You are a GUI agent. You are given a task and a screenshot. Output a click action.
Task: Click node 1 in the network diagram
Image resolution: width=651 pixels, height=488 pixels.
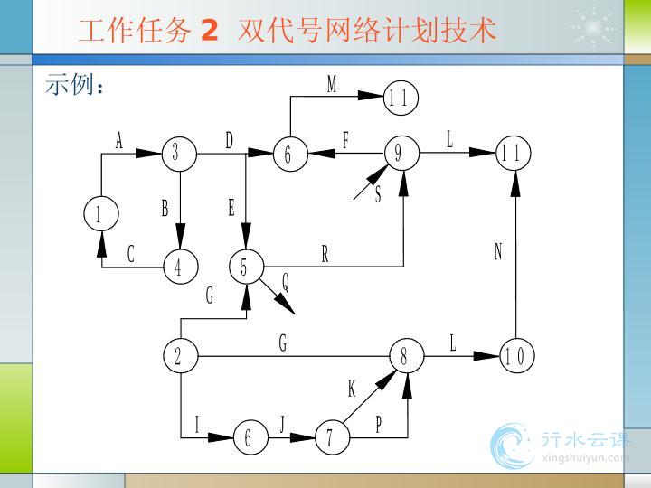(100, 214)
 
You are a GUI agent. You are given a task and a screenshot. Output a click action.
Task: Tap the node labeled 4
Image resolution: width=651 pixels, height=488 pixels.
(180, 267)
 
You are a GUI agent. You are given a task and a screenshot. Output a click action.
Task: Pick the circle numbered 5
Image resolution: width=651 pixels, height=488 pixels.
(245, 267)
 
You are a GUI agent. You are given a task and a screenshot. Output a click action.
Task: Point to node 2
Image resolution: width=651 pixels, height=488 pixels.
(179, 356)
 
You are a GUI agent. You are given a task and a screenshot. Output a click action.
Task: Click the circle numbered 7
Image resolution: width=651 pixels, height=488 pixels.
(331, 438)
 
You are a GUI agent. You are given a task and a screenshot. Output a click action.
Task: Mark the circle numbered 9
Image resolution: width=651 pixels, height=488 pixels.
(399, 154)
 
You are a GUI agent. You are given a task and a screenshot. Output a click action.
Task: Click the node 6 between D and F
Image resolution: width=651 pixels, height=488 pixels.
(288, 155)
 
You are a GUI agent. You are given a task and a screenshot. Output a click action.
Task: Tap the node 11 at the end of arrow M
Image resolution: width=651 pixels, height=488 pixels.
(401, 99)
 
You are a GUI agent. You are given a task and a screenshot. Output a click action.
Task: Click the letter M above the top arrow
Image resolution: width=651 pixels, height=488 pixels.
(332, 85)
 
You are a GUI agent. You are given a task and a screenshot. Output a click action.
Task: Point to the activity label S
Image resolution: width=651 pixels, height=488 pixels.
(378, 195)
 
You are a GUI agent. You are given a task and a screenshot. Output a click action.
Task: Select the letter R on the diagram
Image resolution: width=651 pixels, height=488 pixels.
(325, 255)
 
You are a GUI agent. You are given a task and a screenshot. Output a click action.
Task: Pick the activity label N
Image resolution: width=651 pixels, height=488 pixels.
(497, 252)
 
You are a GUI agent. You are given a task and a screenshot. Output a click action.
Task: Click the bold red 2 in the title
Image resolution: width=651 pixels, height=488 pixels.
(210, 31)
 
